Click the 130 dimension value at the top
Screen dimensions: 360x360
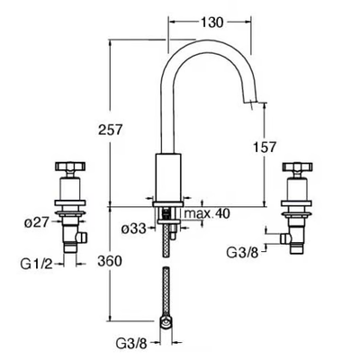click(211, 22)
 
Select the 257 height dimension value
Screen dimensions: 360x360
click(111, 130)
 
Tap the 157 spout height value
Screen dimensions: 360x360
click(264, 148)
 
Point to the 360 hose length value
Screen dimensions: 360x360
click(110, 261)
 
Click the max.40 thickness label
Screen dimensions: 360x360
click(207, 213)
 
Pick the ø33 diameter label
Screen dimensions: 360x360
click(134, 229)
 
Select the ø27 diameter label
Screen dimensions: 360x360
click(36, 222)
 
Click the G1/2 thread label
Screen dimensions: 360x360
click(36, 264)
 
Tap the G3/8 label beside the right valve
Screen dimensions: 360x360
click(242, 253)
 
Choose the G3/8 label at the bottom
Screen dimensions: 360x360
click(131, 344)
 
